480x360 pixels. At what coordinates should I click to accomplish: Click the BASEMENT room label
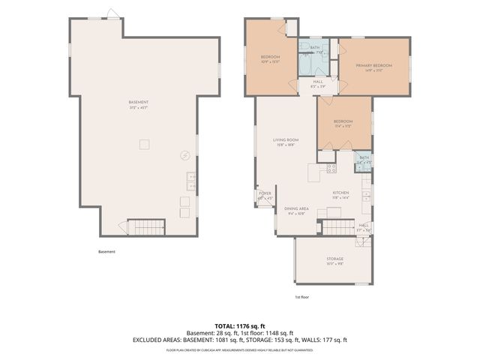pyautogui.click(x=139, y=103)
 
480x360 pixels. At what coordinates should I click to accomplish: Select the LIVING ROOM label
pyautogui.click(x=286, y=141)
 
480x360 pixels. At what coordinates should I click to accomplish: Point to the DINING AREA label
pyautogui.click(x=298, y=210)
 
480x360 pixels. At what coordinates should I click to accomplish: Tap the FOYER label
pyautogui.click(x=265, y=194)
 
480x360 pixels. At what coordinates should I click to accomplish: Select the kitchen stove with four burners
pyautogui.click(x=331, y=168)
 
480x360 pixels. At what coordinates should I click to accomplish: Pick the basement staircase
pyautogui.click(x=145, y=227)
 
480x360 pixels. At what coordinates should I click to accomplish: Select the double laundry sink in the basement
pyautogui.click(x=191, y=181)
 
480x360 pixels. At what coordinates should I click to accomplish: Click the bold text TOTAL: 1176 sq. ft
pyautogui.click(x=240, y=326)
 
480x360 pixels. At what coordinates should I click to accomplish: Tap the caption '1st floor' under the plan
pyautogui.click(x=302, y=297)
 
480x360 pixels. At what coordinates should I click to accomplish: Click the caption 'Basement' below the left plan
pyautogui.click(x=107, y=252)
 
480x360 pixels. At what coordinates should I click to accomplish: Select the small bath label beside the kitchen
pyautogui.click(x=364, y=160)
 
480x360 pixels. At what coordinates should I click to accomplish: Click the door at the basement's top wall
pyautogui.click(x=112, y=14)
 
